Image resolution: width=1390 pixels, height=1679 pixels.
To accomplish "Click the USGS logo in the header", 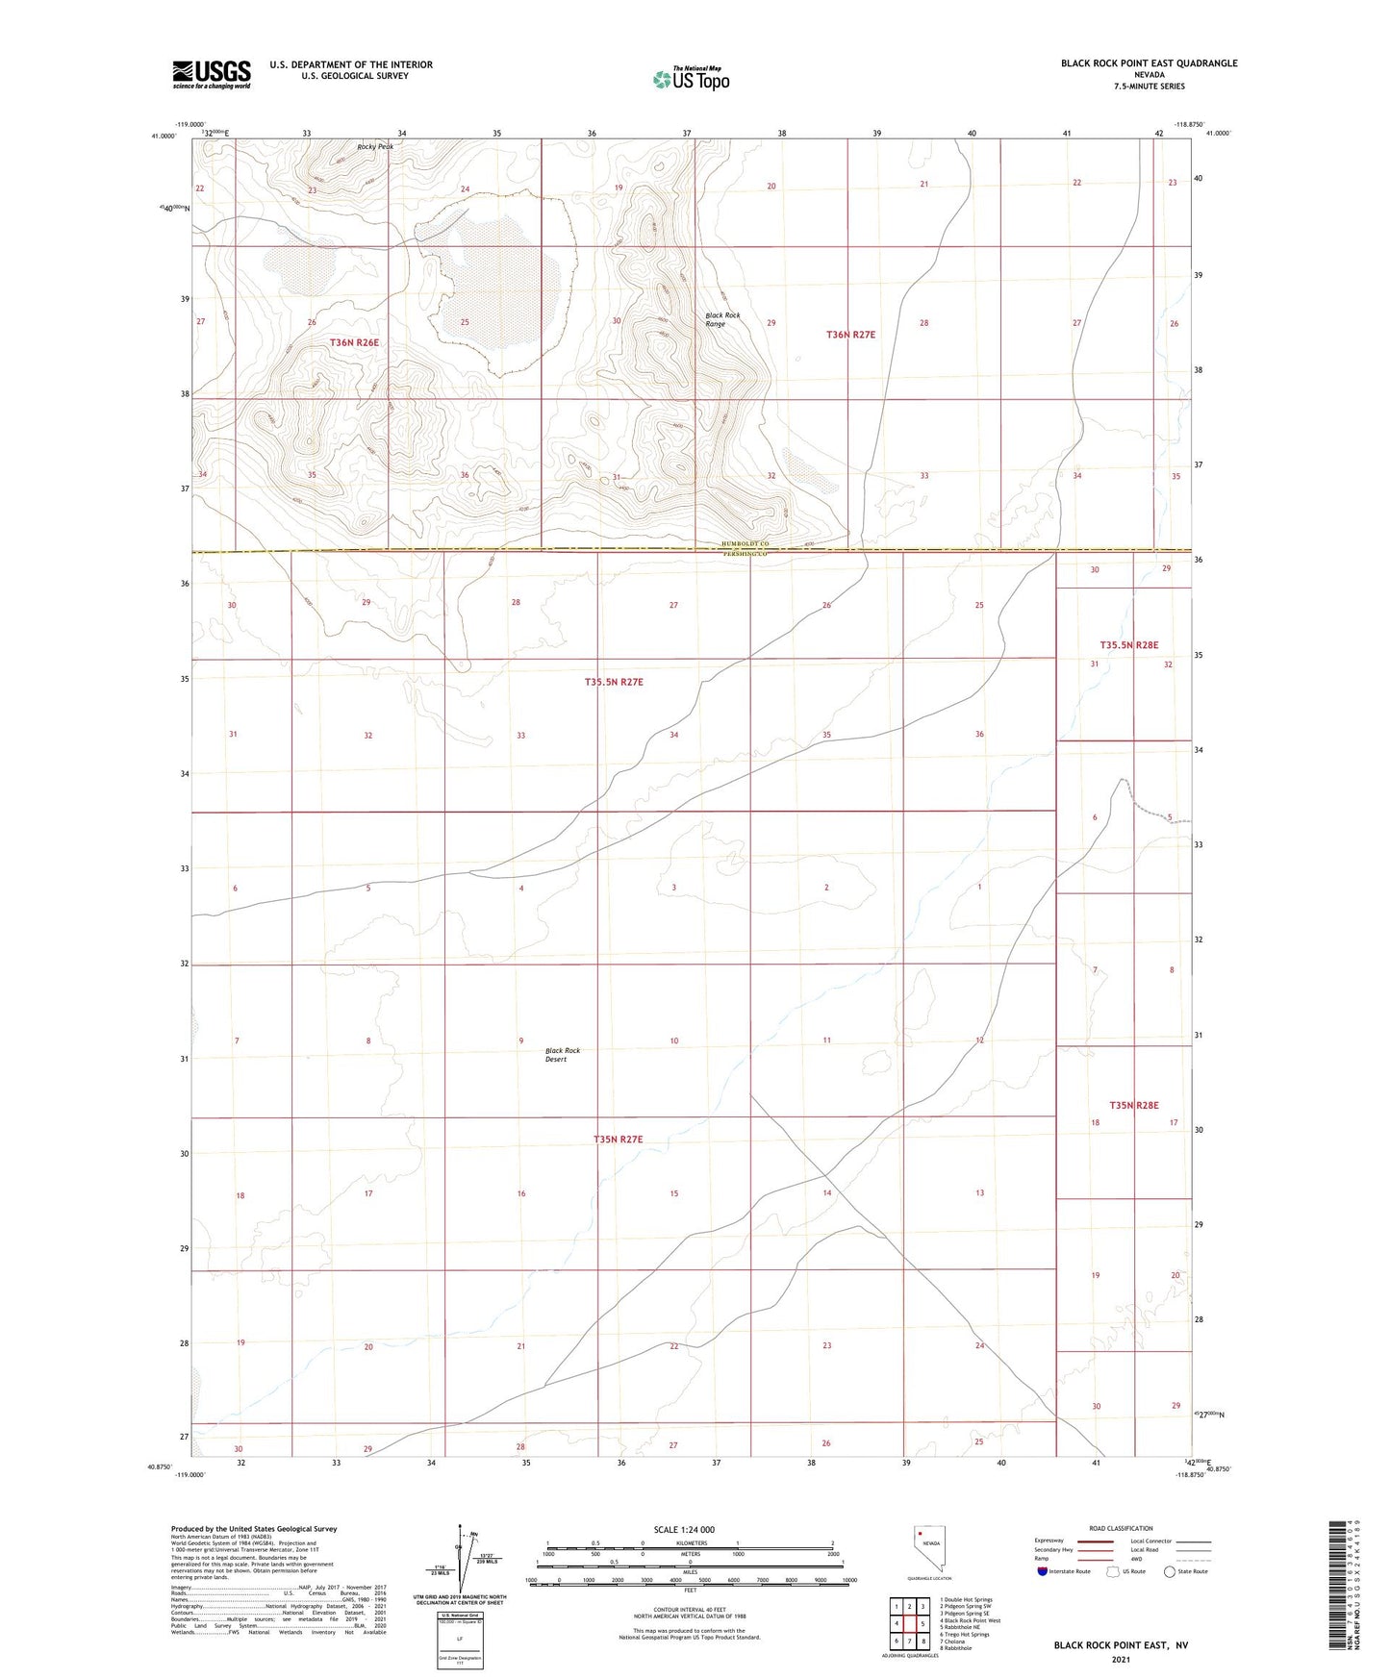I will [x=212, y=73].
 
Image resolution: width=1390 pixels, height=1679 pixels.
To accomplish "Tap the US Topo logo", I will [x=691, y=79].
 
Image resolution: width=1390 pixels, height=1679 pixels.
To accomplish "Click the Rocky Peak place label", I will [x=375, y=146].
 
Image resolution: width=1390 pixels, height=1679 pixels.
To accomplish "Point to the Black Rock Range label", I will [x=722, y=319].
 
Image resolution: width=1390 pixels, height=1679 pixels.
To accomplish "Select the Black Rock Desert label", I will [x=563, y=1054].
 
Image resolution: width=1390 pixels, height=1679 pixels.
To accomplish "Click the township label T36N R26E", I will [x=355, y=342].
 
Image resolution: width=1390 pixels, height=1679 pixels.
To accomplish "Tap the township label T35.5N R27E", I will [x=614, y=682].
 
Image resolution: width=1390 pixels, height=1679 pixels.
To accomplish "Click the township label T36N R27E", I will [x=850, y=335].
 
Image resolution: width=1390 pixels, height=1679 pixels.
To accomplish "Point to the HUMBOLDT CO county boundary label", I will [x=746, y=545].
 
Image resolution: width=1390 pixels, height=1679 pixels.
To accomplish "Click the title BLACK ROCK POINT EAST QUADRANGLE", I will [x=1149, y=63].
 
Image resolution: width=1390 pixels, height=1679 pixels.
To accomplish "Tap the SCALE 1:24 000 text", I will [x=684, y=1530].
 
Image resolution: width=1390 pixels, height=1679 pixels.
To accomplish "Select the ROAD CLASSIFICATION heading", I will [x=1122, y=1528].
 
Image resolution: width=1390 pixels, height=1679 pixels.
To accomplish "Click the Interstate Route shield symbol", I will [x=1043, y=1571].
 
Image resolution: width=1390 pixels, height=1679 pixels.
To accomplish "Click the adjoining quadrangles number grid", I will [x=909, y=1623].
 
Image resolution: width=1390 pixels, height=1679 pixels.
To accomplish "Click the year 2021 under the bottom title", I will [x=1120, y=1659].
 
